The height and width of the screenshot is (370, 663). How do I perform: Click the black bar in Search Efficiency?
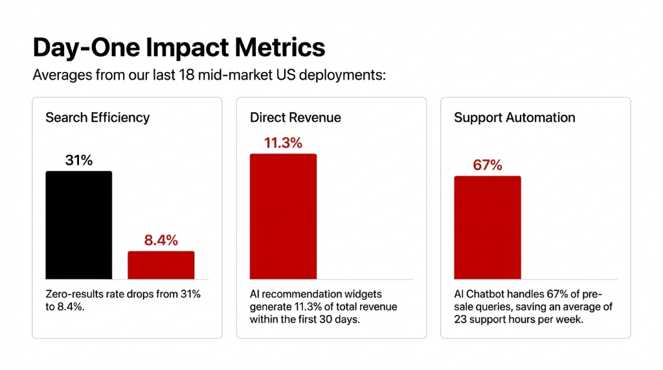click(x=78, y=225)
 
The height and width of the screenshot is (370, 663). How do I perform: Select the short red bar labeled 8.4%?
click(x=161, y=265)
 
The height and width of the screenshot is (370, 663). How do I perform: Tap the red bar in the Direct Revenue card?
click(x=283, y=216)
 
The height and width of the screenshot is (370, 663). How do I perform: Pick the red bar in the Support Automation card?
click(x=487, y=227)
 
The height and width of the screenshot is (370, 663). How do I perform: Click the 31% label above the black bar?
click(x=78, y=160)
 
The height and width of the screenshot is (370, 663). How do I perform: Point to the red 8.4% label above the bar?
click(x=161, y=240)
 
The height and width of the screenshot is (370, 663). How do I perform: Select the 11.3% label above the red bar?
click(x=283, y=143)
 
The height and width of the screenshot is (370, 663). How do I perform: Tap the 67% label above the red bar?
click(x=487, y=165)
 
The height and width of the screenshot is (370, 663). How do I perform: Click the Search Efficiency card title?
click(x=97, y=118)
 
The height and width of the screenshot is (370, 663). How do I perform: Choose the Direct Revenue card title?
click(x=295, y=118)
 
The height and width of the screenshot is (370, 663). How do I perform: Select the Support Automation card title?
click(x=514, y=118)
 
